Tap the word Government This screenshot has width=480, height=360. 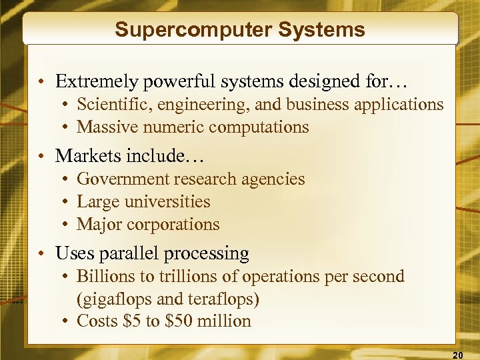point(123,179)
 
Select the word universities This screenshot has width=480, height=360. point(170,201)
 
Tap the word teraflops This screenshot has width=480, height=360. point(224,299)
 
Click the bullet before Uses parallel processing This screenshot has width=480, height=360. point(42,254)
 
